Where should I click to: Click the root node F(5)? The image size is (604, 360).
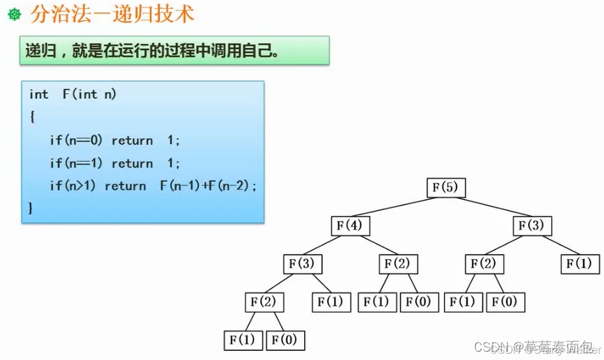[446, 188]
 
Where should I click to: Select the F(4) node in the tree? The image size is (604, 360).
[350, 226]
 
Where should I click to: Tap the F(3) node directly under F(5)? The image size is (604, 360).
[532, 226]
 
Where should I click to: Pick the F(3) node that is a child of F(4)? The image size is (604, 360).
[302, 264]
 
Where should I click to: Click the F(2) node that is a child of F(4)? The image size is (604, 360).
[398, 264]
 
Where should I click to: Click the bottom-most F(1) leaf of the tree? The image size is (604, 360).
[243, 340]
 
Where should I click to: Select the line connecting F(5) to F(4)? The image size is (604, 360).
[398, 207]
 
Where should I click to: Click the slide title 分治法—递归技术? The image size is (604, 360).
[111, 13]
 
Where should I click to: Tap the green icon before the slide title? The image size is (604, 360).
[13, 14]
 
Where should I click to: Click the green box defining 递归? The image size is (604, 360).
[174, 51]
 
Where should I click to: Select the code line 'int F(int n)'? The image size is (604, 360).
[73, 94]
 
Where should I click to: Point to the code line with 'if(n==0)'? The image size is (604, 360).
[115, 140]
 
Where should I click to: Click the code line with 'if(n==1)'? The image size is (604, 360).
[115, 163]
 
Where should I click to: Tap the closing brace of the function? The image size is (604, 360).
[31, 208]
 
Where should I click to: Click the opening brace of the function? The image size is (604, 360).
[32, 117]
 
